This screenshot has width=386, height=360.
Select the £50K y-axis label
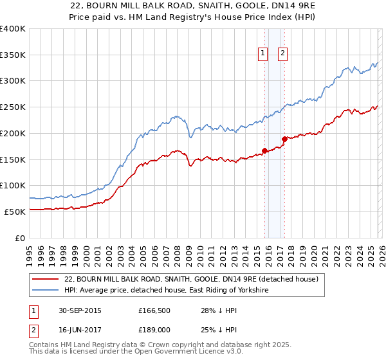(x=15, y=211)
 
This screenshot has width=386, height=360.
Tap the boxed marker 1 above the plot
(x=264, y=54)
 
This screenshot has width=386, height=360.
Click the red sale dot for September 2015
(x=264, y=151)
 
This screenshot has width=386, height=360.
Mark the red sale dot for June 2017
(x=284, y=138)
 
